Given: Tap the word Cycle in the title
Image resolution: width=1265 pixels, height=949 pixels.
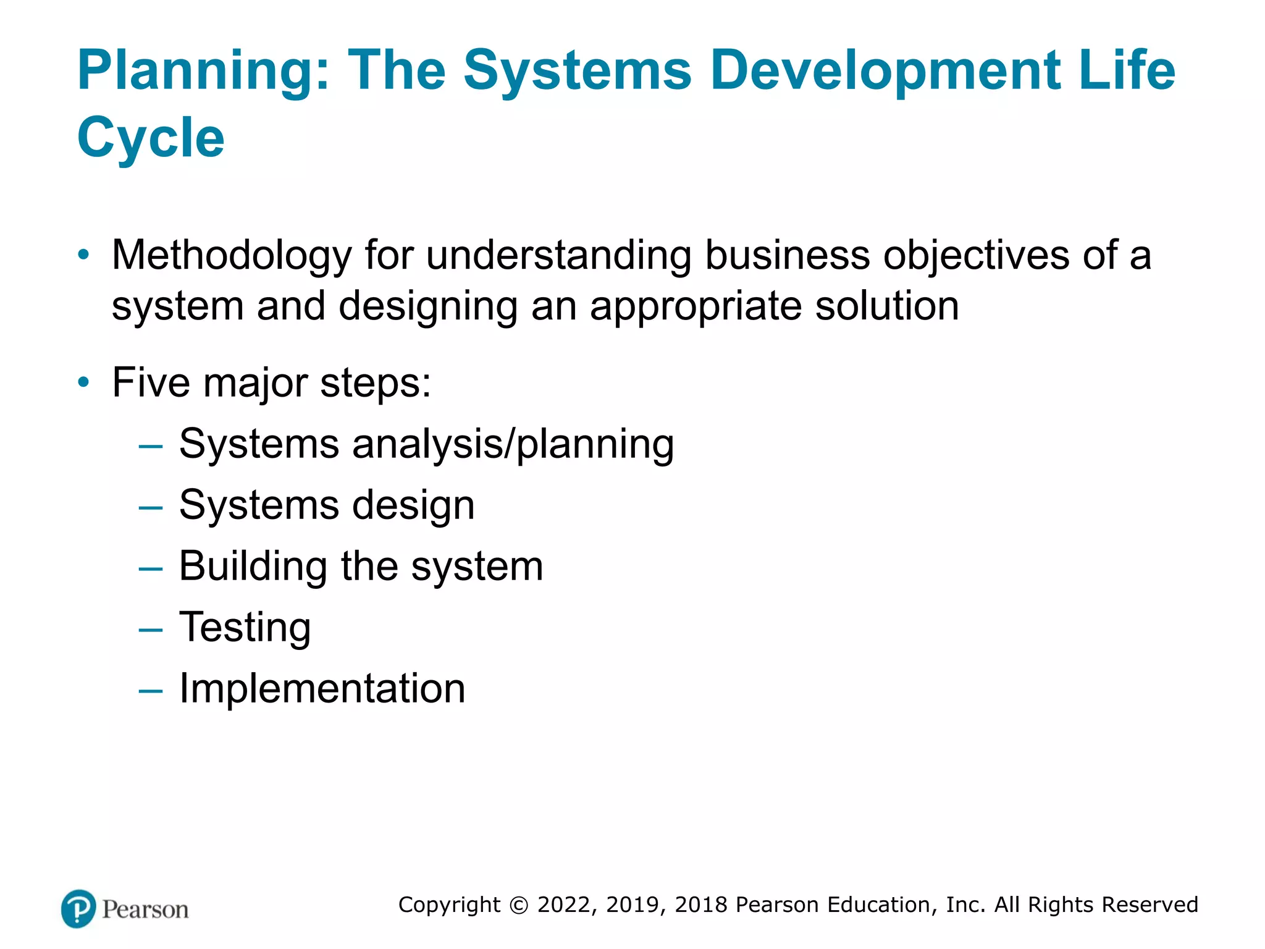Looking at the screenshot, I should point(151,138).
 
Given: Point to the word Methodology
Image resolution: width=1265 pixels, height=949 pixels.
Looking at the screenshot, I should point(232,256).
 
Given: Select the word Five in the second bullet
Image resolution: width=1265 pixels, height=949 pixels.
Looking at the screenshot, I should point(151,382).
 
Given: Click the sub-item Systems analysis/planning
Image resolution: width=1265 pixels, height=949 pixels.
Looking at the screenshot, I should point(426,444).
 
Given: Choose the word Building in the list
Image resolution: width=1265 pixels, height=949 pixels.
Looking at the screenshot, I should point(253,567).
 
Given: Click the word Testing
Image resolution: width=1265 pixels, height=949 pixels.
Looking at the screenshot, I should point(245,628).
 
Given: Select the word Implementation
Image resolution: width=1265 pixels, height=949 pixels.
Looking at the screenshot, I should point(322,688).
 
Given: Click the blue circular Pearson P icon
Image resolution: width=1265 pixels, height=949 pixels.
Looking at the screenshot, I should point(78,909).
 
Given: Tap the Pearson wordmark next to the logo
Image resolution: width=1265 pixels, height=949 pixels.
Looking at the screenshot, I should point(145,909).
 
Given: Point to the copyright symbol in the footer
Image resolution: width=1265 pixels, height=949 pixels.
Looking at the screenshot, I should point(519,905).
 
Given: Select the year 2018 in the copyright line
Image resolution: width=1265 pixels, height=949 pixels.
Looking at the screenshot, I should point(702,905).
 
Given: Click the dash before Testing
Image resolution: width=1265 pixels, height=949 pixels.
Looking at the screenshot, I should point(151,630).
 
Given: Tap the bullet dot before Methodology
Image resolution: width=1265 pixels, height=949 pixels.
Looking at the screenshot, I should point(83,255).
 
